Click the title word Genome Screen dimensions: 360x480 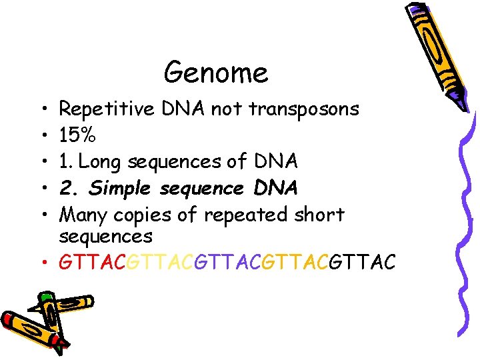pos(216,72)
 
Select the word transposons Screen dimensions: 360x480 pos(304,109)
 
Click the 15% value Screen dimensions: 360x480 pos(77,135)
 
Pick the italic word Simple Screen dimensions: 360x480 pos(122,189)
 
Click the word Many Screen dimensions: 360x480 pos(84,215)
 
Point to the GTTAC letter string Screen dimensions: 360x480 pos(227,263)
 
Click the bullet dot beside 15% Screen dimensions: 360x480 pos(41,135)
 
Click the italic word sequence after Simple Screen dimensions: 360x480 pos(202,189)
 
